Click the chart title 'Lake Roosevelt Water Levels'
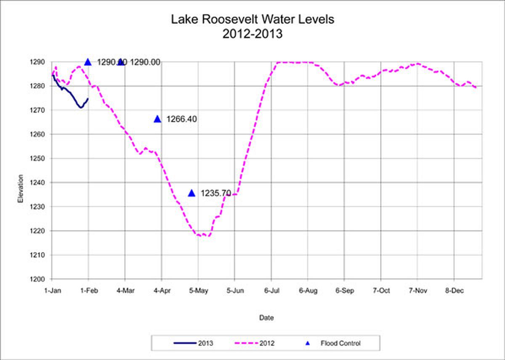pos(252,19)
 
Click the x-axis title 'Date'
pos(266,318)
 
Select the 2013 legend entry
pos(194,343)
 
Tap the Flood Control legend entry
pos(332,343)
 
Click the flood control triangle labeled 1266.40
pos(157,119)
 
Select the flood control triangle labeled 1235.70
pos(192,193)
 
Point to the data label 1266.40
pos(181,119)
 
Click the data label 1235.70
pos(216,193)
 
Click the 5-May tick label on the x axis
pos(198,290)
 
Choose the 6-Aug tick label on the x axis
pos(308,290)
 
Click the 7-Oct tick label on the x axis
pos(381,290)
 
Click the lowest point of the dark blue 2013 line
pos(80,107)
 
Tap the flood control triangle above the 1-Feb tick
pos(88,62)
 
